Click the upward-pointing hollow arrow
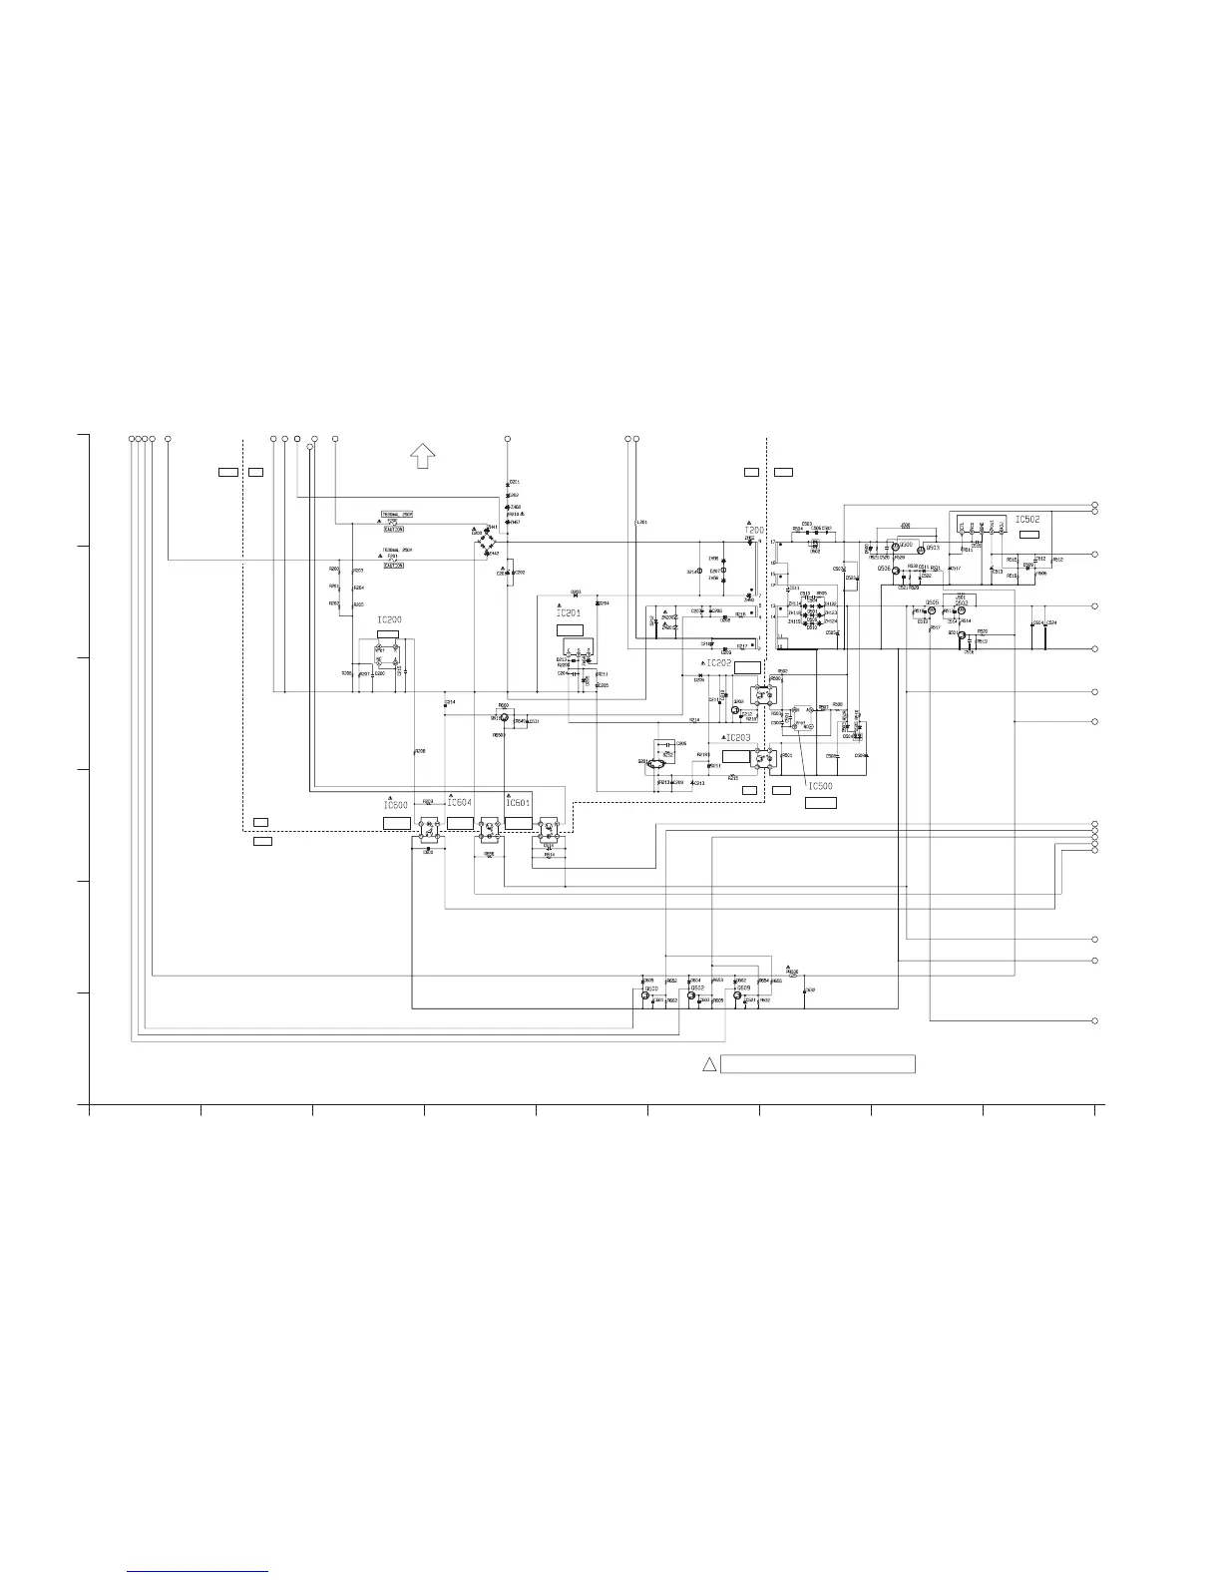(x=422, y=455)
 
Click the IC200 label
(x=389, y=619)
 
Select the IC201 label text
(x=568, y=613)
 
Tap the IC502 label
(x=1027, y=520)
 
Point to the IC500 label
(x=820, y=786)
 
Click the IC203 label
(x=737, y=737)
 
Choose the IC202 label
(x=718, y=662)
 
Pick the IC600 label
(x=396, y=804)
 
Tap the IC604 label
(x=459, y=803)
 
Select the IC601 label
(x=517, y=803)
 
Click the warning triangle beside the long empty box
(x=708, y=1063)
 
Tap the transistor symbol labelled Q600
(x=645, y=995)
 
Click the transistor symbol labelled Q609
(x=737, y=995)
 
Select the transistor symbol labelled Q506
(x=897, y=570)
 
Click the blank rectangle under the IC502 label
(x=1029, y=536)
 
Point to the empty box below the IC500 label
(x=821, y=802)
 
